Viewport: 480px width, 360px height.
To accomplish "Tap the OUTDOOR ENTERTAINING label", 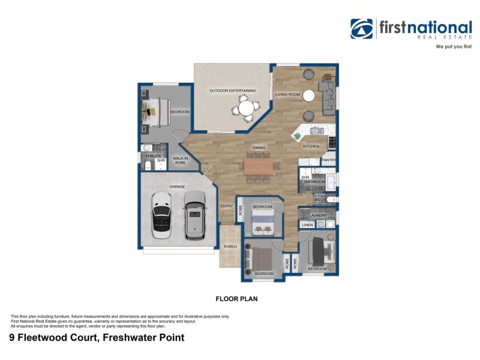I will click(x=232, y=91).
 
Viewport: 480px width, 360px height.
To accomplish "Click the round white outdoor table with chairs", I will click(x=246, y=109).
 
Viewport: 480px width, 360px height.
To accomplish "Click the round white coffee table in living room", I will click(x=309, y=95).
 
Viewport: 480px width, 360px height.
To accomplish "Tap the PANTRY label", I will click(x=328, y=160).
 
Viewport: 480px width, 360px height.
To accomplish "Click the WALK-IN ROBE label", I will click(x=181, y=160).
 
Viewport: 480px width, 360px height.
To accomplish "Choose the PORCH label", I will click(x=230, y=247).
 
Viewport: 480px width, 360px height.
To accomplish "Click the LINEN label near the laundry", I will click(x=307, y=225).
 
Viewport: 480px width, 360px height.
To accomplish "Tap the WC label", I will click(x=318, y=199).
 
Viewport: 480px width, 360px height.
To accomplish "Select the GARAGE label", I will click(x=177, y=187).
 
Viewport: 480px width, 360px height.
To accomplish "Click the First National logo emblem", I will click(x=362, y=28).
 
